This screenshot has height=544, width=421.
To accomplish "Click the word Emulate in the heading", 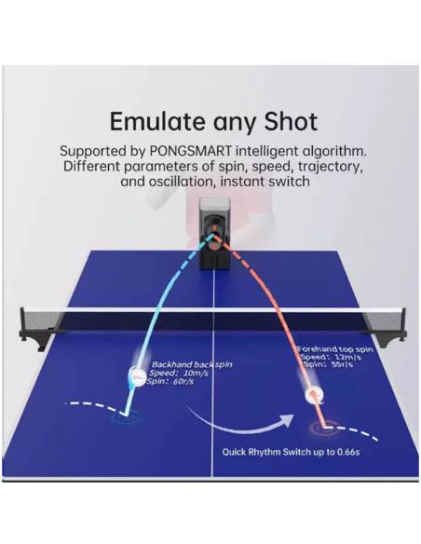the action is point(157,121).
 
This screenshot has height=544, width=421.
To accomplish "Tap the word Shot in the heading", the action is point(291,121).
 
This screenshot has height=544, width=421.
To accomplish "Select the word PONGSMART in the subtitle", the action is point(190,151).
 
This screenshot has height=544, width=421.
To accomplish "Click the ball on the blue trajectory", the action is point(137,375).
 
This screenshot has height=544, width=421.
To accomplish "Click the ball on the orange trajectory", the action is point(315,395).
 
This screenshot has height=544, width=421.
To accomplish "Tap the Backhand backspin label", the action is point(192,364).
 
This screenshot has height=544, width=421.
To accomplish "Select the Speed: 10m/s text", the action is point(179,374).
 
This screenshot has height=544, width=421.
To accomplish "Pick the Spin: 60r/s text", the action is point(170,382).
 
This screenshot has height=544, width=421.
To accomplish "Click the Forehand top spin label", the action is point(334,349).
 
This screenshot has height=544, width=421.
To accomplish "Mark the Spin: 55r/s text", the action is point(329,364).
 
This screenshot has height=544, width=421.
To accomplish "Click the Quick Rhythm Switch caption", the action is point(291,452).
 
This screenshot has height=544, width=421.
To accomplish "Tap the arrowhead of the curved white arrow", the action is point(289,420).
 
